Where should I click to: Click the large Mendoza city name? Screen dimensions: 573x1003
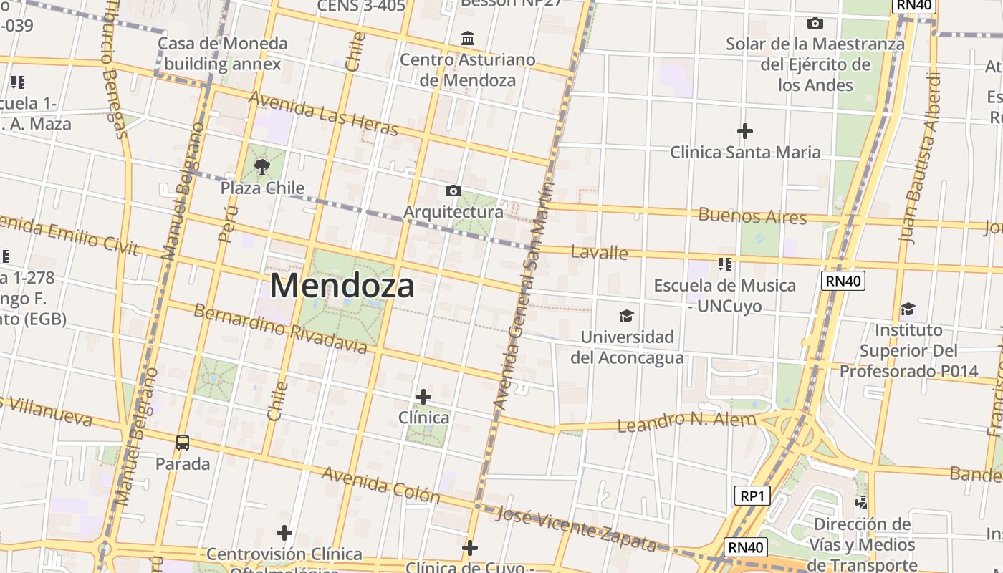pyautogui.click(x=342, y=286)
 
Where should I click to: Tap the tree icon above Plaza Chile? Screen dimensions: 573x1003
pyautogui.click(x=262, y=168)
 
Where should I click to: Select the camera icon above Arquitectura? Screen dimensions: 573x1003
pyautogui.click(x=453, y=191)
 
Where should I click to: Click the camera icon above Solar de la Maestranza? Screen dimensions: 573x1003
pyautogui.click(x=815, y=24)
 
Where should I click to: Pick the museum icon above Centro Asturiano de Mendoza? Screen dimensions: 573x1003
pyautogui.click(x=468, y=37)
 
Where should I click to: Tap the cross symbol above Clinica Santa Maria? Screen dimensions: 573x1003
pyautogui.click(x=745, y=131)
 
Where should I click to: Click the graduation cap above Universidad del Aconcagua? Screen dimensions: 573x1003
pyautogui.click(x=627, y=316)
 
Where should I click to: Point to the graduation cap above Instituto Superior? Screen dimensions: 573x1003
pyautogui.click(x=908, y=309)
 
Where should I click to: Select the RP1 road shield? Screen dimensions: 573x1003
pyautogui.click(x=752, y=496)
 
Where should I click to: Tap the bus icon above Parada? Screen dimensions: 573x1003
pyautogui.click(x=183, y=443)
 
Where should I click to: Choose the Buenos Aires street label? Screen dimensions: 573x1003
pyautogui.click(x=752, y=216)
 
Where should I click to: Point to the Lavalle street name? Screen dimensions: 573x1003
pyautogui.click(x=599, y=252)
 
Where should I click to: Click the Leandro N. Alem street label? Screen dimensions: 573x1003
pyautogui.click(x=686, y=421)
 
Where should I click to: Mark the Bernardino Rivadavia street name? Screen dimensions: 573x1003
pyautogui.click(x=280, y=329)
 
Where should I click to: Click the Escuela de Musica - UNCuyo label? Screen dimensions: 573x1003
pyautogui.click(x=724, y=295)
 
